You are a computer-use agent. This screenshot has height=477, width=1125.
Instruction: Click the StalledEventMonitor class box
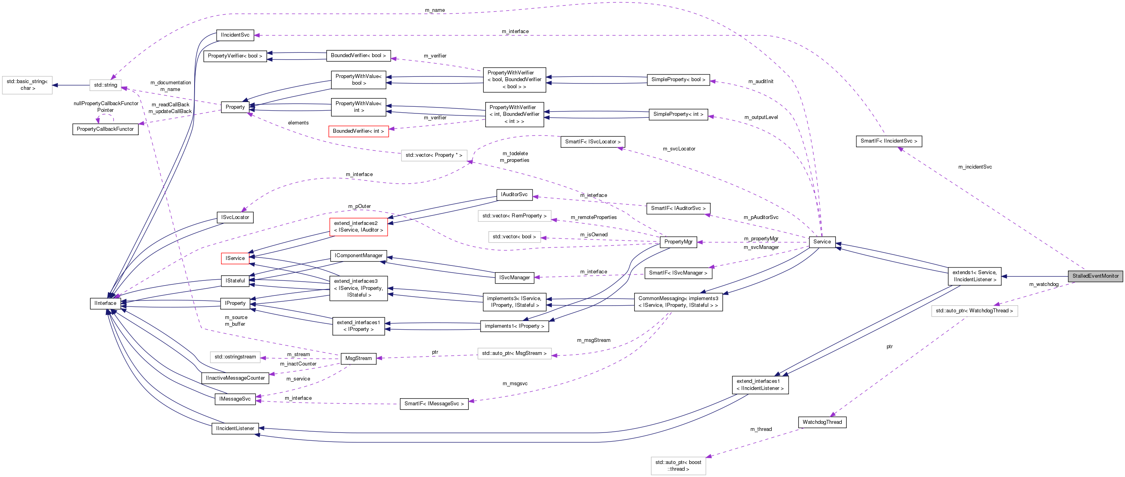1095,276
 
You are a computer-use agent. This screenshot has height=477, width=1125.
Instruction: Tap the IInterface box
105,303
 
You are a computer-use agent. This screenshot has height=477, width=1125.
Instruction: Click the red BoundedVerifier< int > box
358,131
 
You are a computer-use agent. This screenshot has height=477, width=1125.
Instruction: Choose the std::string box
105,85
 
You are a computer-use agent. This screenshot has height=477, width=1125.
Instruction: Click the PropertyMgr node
678,242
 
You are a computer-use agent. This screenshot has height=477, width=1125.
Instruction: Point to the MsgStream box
358,358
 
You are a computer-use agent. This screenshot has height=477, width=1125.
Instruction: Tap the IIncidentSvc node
235,35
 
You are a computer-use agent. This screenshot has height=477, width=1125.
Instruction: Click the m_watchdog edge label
1043,284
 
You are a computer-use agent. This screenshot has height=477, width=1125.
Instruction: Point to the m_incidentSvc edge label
975,167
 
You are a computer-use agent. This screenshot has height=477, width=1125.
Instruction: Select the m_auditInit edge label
760,82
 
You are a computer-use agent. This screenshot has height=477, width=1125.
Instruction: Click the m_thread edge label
761,429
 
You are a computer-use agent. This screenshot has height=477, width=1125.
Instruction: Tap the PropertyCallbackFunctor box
105,129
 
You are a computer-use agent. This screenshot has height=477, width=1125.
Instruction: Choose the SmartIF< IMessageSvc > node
434,404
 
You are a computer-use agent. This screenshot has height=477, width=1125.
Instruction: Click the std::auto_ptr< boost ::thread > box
678,466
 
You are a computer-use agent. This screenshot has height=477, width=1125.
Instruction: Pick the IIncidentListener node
235,429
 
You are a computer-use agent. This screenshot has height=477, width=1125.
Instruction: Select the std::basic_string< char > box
27,85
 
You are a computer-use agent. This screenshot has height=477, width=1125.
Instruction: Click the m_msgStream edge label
593,340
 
